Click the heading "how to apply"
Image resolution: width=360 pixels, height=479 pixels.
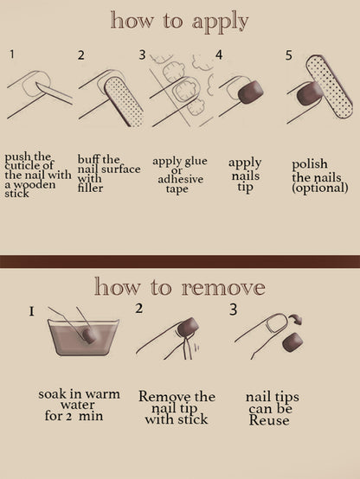179,21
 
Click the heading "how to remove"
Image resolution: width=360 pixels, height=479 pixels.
179,286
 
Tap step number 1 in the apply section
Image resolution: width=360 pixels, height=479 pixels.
12,54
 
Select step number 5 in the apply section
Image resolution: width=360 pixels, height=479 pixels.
288,54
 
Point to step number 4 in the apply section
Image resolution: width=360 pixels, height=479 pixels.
219,54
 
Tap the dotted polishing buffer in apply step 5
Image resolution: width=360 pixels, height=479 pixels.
329,90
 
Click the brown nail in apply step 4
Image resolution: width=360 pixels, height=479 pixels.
251,92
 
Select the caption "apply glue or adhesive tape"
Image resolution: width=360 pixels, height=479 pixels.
179,174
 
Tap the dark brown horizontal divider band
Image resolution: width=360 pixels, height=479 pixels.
179,261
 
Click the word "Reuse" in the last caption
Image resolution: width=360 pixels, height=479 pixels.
268,420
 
